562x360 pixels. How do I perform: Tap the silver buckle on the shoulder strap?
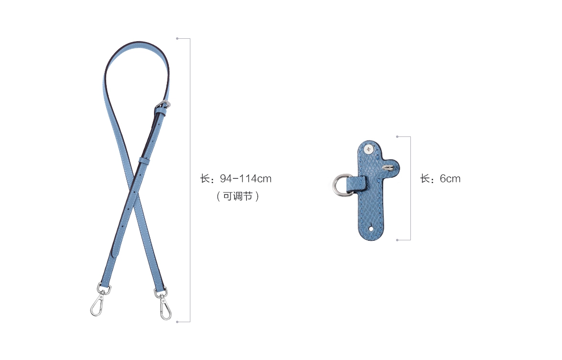click(x=164, y=105)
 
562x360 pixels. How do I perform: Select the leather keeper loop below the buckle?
click(x=144, y=160)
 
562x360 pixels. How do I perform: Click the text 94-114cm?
click(x=245, y=179)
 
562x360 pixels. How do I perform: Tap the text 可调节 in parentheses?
click(x=238, y=196)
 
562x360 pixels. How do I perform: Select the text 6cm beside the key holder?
click(x=450, y=179)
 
